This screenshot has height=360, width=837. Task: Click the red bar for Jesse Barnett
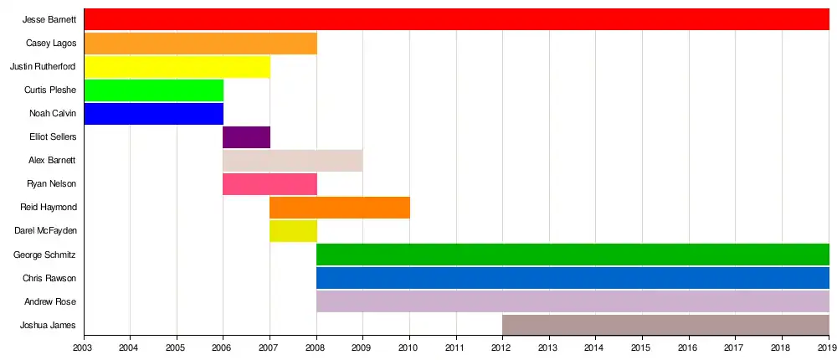(x=456, y=19)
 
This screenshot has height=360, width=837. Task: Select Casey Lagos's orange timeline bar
(x=201, y=43)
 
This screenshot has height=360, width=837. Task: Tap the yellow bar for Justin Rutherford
(x=177, y=66)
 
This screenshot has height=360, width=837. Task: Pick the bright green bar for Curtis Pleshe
(x=154, y=90)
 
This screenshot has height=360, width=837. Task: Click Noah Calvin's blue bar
(x=154, y=113)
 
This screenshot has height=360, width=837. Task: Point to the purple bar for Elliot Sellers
(x=246, y=136)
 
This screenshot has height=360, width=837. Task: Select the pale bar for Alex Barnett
(x=293, y=160)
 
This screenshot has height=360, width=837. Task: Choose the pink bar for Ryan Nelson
(x=270, y=183)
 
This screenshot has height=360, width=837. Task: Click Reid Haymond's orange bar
(x=340, y=207)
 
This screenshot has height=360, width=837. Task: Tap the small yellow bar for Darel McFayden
(x=293, y=230)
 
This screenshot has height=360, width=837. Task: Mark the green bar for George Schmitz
(x=573, y=254)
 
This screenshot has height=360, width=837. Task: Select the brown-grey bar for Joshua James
(x=665, y=325)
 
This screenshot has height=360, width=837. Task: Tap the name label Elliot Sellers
(x=52, y=136)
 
